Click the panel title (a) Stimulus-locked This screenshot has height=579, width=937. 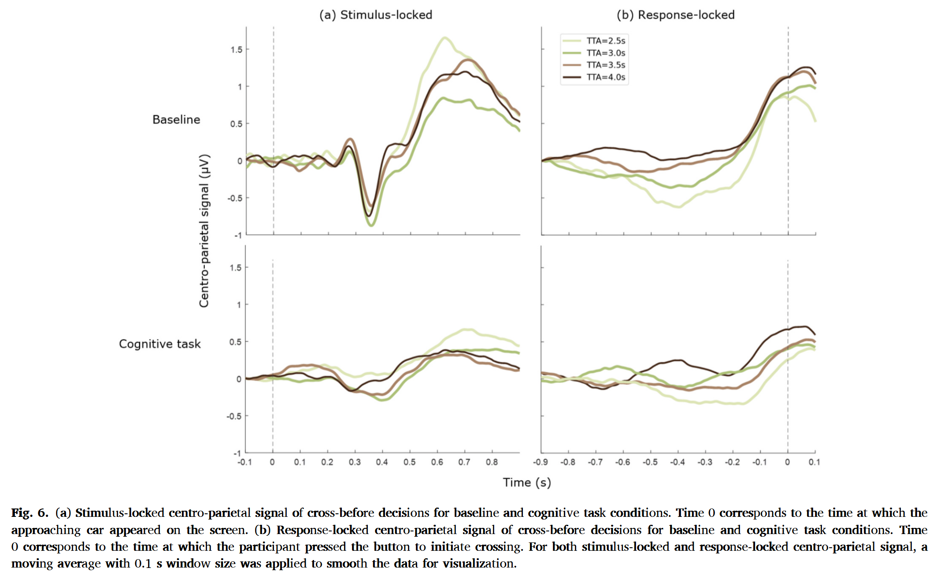[x=376, y=15]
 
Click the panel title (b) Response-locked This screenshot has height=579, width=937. [x=675, y=15]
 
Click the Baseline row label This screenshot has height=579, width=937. [x=176, y=120]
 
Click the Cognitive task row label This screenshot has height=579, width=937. [x=160, y=344]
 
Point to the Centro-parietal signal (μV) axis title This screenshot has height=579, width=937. [x=204, y=230]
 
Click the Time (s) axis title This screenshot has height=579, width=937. [x=527, y=482]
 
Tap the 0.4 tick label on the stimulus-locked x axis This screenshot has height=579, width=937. [x=382, y=462]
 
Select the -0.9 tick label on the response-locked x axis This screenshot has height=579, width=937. [x=540, y=462]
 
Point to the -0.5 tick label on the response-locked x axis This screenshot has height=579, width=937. [x=650, y=462]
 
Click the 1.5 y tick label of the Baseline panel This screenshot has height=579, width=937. [x=237, y=50]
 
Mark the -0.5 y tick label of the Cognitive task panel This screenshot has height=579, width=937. [x=234, y=416]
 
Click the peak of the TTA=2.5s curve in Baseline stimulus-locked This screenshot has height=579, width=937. [x=444, y=38]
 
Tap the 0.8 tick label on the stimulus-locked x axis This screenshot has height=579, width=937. [x=492, y=462]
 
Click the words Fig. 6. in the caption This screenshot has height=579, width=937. [x=30, y=513]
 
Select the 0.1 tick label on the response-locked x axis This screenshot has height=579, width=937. [x=814, y=462]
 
